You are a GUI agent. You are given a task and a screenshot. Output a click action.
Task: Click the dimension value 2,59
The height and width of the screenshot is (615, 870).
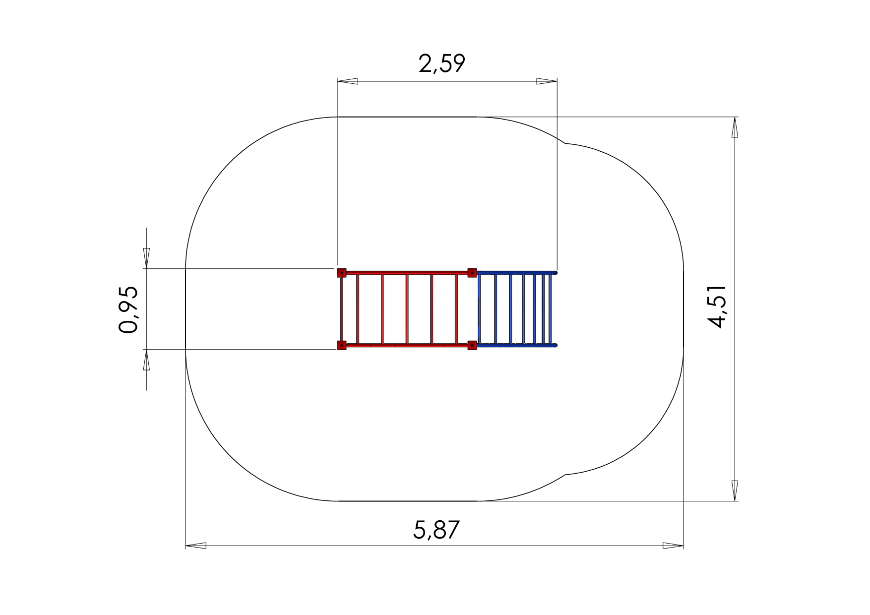pos(441,64)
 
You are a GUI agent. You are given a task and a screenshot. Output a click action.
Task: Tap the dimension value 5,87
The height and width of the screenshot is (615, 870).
pos(436,530)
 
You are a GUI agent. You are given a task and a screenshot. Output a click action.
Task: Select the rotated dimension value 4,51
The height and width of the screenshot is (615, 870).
pos(717,307)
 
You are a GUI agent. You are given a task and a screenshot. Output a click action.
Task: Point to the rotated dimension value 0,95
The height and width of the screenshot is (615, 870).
pos(128,309)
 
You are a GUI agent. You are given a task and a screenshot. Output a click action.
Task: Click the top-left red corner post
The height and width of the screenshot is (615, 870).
pos(341,273)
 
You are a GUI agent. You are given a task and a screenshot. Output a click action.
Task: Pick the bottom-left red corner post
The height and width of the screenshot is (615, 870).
pos(341,345)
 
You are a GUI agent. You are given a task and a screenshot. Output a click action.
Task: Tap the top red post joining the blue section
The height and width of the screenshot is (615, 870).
pos(472,272)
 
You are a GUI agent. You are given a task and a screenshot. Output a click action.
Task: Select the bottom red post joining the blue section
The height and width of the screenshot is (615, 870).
pos(472,345)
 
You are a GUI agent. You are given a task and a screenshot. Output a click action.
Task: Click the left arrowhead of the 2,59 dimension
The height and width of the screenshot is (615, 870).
pos(347,81)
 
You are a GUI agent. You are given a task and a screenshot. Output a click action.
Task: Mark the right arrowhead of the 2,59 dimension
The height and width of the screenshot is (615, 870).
pos(547,81)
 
